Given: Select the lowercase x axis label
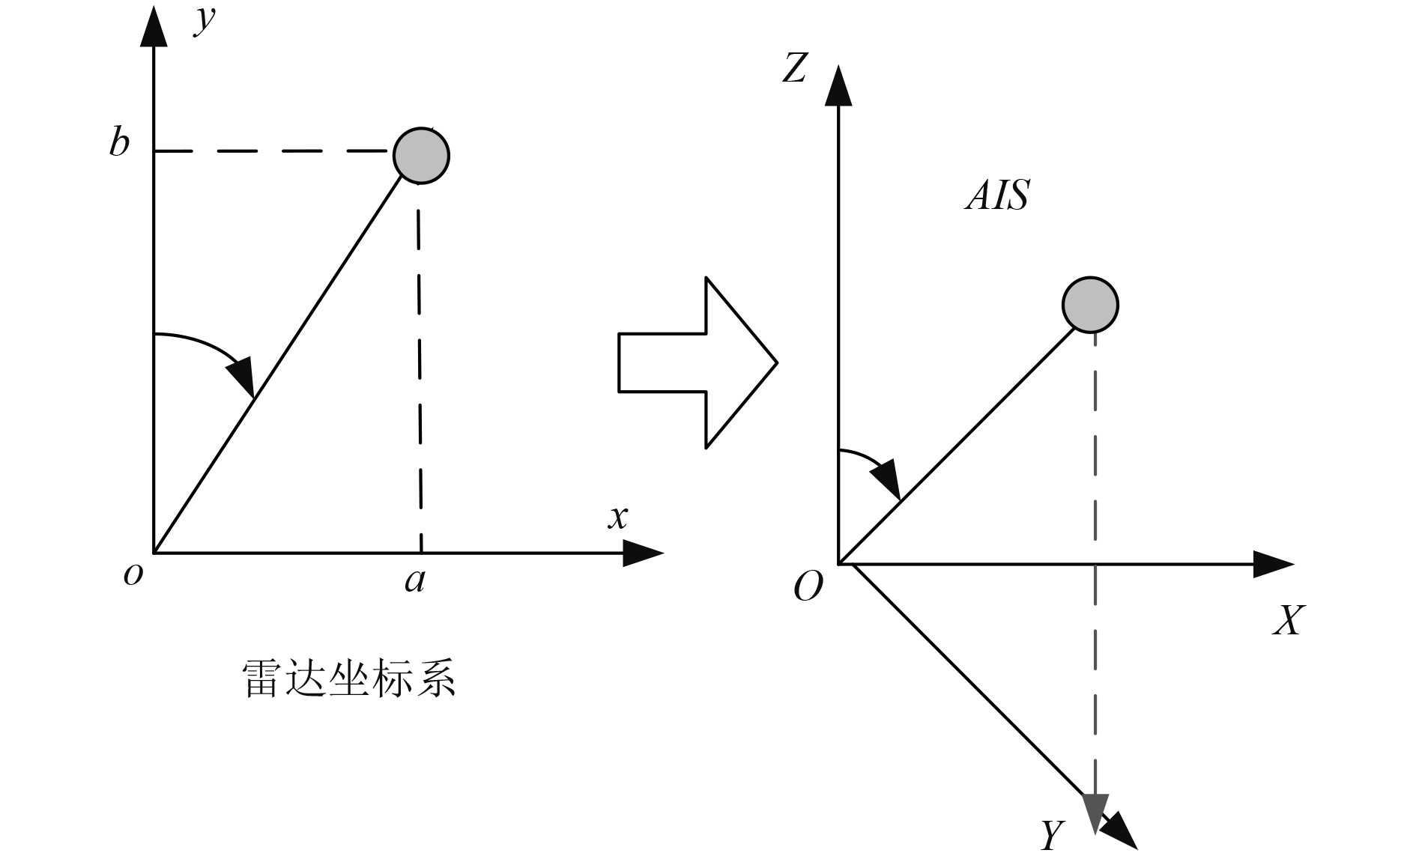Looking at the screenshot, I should point(618,517).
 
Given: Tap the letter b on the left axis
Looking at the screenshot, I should point(119,141).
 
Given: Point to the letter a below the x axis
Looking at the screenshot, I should point(415,580).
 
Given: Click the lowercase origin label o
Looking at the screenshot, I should point(133,574).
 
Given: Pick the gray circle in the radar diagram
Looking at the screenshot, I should point(421,155).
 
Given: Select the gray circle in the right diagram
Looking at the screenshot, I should point(1090,305).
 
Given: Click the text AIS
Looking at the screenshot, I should point(997,195).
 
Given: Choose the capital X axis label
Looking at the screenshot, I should point(1289,620).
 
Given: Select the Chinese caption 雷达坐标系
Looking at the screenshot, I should point(349,679).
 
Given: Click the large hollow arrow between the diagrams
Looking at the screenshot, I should point(697,362).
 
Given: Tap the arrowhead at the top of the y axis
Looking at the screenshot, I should point(154,28).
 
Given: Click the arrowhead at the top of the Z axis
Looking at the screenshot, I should point(838,86).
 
